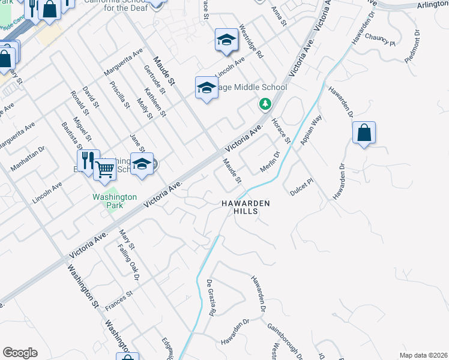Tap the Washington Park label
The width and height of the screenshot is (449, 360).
point(115,201)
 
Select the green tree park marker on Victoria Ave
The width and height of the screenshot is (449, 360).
point(265,104)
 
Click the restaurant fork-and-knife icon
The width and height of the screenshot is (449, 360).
point(88,160)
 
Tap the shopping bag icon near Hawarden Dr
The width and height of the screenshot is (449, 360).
point(364,133)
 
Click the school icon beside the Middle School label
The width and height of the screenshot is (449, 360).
point(206,88)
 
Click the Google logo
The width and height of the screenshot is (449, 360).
point(20,353)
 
